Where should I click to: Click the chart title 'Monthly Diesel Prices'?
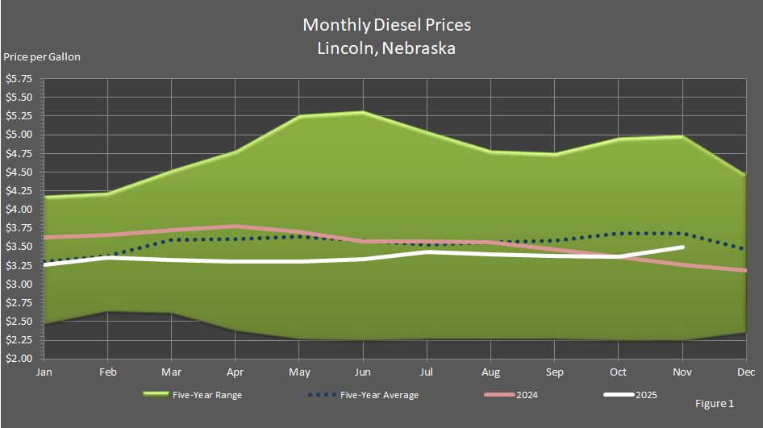[x=386, y=25]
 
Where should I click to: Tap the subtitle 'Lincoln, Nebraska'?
[x=386, y=48]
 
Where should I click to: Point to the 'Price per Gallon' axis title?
[x=42, y=56]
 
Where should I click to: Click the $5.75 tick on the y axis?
[x=19, y=79]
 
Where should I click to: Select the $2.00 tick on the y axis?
[x=19, y=359]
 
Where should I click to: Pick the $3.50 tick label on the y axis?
[x=19, y=247]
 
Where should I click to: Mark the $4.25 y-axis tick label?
[x=19, y=191]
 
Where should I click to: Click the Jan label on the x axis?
[x=44, y=372]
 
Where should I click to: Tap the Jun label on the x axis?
[x=363, y=372]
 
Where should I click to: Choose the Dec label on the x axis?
[x=746, y=372]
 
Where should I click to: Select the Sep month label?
[x=555, y=372]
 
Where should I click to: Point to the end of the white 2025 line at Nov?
[x=683, y=247]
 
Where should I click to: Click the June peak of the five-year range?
[x=363, y=112]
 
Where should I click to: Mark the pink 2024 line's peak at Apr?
[x=235, y=226]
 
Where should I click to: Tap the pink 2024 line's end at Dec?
[x=746, y=271]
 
